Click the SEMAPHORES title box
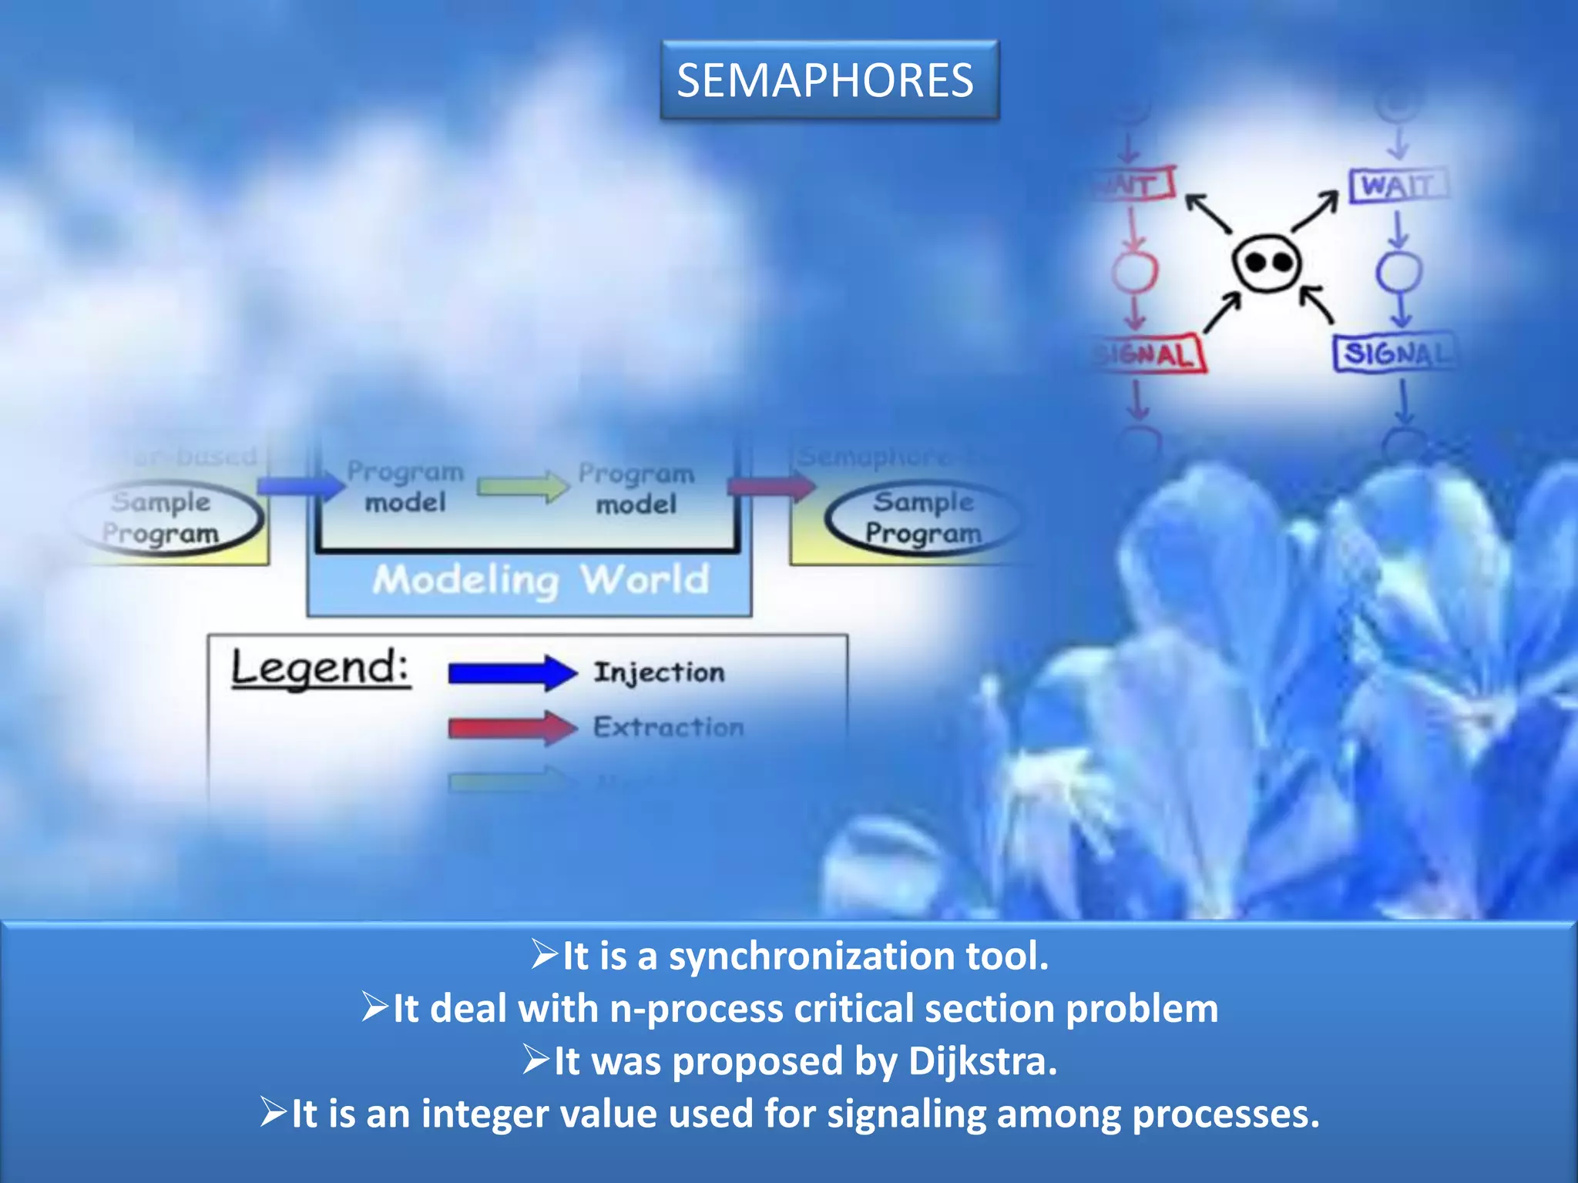pyautogui.click(x=829, y=80)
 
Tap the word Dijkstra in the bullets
pyautogui.click(x=982, y=1061)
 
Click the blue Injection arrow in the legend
pyautogui.click(x=512, y=673)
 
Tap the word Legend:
pyautogui.click(x=320, y=667)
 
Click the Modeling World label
pyautogui.click(x=540, y=580)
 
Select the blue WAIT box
pyautogui.click(x=1398, y=186)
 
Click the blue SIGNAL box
pyautogui.click(x=1395, y=354)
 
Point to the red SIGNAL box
pyautogui.click(x=1149, y=354)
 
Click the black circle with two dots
pyautogui.click(x=1267, y=263)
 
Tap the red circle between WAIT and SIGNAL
pyautogui.click(x=1134, y=271)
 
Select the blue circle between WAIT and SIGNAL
pyautogui.click(x=1399, y=271)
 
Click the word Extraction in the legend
pyautogui.click(x=668, y=727)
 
